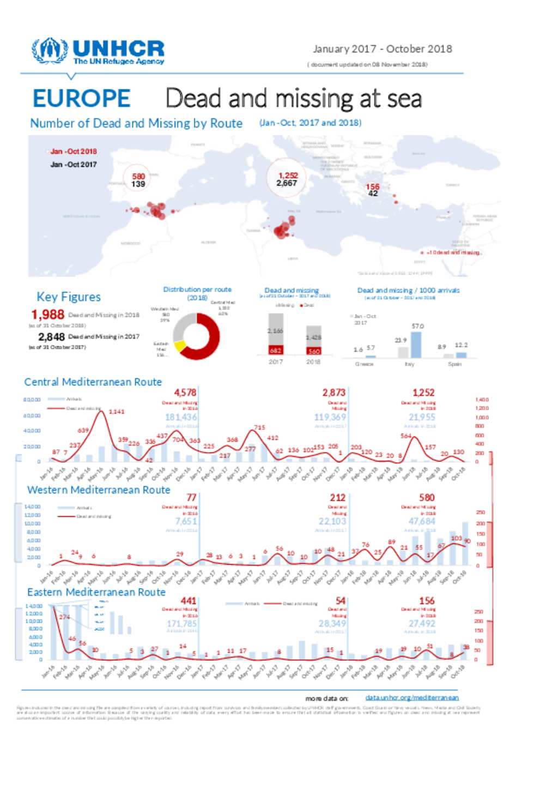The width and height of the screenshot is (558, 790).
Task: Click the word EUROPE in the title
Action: tap(81, 99)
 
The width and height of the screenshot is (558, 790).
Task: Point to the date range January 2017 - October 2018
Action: tap(382, 49)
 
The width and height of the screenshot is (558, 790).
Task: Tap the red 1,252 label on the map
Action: tap(288, 175)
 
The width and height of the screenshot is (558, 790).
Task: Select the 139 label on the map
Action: tap(138, 184)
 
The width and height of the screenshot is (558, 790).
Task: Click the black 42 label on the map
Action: tap(373, 194)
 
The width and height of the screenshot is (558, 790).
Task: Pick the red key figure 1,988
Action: tap(48, 315)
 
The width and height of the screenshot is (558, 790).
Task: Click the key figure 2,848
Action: tap(51, 337)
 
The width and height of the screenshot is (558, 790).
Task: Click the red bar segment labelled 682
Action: tap(276, 350)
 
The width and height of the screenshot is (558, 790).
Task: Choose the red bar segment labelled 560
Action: tap(313, 351)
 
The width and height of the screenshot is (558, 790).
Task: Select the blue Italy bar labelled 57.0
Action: tap(416, 345)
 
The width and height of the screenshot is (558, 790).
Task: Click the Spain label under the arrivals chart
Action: tap(454, 364)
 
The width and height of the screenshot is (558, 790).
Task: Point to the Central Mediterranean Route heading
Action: tap(93, 382)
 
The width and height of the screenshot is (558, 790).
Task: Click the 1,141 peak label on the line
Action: tap(117, 412)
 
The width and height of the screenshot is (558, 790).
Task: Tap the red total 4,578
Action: tap(185, 393)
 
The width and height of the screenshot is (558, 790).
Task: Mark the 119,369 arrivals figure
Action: tap(330, 417)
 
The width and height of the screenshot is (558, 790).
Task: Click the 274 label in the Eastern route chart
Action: tap(64, 617)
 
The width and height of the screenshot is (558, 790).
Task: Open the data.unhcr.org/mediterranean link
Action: tap(412, 697)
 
